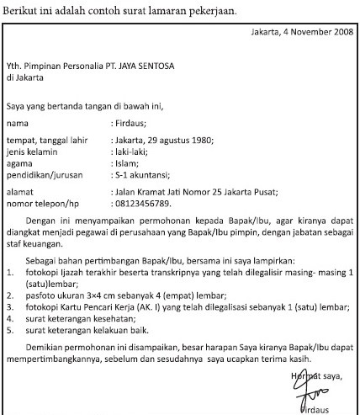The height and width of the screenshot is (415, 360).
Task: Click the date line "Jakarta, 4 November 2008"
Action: pyautogui.click(x=304, y=34)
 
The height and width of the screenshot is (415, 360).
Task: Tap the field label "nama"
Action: pyautogui.click(x=17, y=123)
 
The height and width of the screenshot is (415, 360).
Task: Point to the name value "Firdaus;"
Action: pyautogui.click(x=132, y=123)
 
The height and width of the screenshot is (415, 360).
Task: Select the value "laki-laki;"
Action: pyautogui.click(x=132, y=150)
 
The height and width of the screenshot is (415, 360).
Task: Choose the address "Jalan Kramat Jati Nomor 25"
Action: pyautogui.click(x=177, y=192)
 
